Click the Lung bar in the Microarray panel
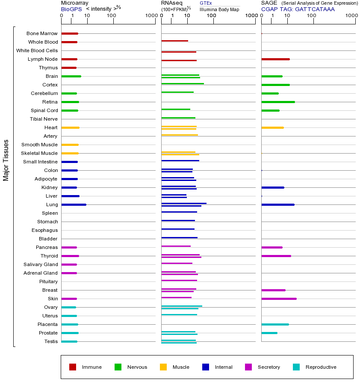tap(74, 204)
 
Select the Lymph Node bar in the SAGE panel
tap(275, 59)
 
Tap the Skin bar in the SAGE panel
tap(279, 299)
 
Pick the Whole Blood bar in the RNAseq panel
tap(174, 41)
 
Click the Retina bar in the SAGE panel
tap(278, 102)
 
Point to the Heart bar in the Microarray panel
tap(70, 127)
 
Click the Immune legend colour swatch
tap(73, 367)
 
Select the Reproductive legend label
tap(321, 367)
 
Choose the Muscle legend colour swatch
tap(163, 367)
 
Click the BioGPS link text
tap(71, 9)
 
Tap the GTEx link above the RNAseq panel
tap(206, 3)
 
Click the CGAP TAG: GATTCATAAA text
tap(298, 9)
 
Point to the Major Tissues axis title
tap(6, 160)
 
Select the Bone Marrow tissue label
tap(42, 33)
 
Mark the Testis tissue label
tap(51, 341)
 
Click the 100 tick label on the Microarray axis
tap(112, 16)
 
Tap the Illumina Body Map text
tap(219, 9)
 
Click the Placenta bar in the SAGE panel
tap(275, 324)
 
